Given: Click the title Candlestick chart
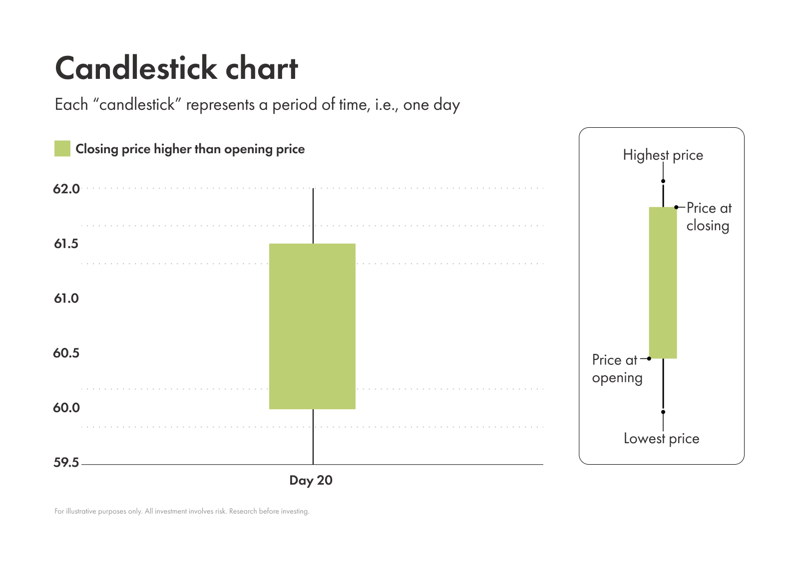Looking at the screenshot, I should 176,68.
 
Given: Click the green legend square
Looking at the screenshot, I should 62,149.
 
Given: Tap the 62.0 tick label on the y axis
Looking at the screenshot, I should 66,189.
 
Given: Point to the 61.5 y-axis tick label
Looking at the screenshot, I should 66,244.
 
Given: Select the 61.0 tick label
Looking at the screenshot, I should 66,298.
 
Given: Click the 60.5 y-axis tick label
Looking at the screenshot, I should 66,353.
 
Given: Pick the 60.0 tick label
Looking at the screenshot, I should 66,408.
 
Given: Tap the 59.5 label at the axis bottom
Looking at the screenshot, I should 66,463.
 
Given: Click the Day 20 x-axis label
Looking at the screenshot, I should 311,480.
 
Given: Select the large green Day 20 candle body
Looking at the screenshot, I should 312,326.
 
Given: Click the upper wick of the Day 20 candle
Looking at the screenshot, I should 313,216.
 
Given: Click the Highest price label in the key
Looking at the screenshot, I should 663,155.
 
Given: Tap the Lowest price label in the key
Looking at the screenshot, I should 661,439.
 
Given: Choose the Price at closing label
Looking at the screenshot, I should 708,217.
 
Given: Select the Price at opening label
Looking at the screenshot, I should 617,369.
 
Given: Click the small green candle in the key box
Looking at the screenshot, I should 663,282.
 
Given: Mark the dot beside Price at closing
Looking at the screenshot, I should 676,207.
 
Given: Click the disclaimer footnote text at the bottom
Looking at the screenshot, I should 182,511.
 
